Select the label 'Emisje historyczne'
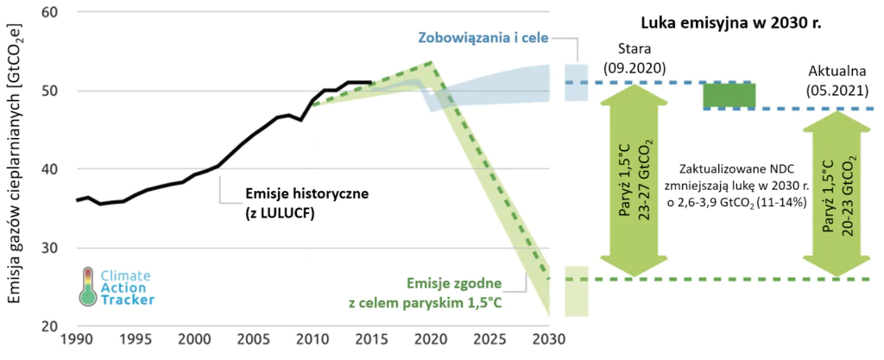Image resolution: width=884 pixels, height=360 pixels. (294, 193)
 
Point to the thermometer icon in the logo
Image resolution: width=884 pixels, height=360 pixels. (87, 286)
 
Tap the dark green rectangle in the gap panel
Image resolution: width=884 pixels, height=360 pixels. (729, 95)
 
